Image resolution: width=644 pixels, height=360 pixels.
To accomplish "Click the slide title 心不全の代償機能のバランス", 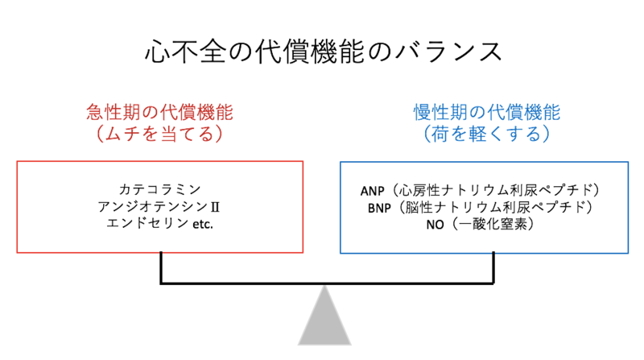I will [x=322, y=50].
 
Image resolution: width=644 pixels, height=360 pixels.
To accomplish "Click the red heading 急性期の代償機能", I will [x=159, y=112].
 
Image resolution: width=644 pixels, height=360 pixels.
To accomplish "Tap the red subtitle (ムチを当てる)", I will [x=159, y=134].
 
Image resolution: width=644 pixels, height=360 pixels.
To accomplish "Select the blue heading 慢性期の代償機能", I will [x=486, y=112].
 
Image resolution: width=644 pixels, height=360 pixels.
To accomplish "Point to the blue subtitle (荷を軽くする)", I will [x=486, y=134].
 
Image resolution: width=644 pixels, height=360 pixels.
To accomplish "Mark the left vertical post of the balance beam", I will [x=163, y=267].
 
